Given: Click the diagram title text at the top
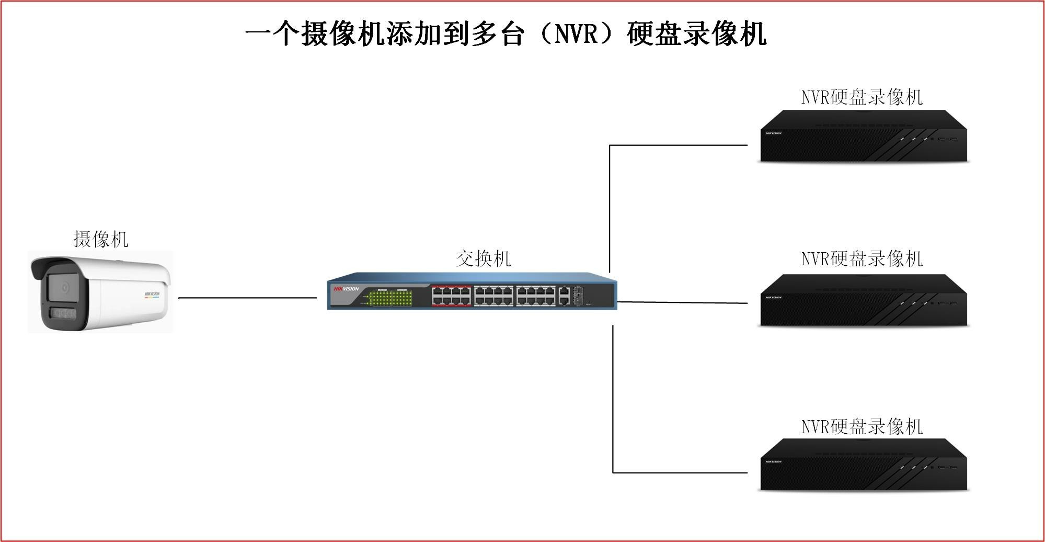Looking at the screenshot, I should [506, 34].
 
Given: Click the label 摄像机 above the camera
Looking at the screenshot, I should [101, 239].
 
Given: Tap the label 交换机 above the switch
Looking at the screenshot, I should [483, 258].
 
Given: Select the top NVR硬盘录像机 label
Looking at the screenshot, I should [862, 97].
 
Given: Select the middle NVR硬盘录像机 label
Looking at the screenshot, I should [862, 259].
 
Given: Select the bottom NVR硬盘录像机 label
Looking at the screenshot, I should [862, 426].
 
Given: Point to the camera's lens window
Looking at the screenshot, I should [63, 287].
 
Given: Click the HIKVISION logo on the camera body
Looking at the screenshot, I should [152, 294].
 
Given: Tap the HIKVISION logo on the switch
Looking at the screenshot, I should [346, 289].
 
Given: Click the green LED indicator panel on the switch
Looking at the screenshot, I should [390, 298].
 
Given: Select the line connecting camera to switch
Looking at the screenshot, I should [247, 298].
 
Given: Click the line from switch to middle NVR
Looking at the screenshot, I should [682, 302].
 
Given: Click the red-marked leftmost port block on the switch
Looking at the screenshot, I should [451, 296].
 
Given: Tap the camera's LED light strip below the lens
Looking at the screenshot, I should [63, 313].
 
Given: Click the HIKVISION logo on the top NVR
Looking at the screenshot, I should [773, 133].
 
